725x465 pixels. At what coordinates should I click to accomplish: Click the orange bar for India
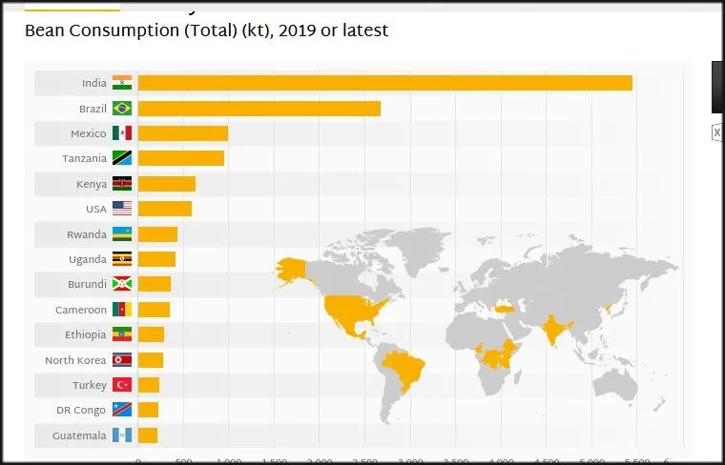384,83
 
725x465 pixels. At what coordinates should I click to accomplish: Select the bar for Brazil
259,109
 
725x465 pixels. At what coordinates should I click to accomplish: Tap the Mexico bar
182,133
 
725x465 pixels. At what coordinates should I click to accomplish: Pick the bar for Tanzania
180,158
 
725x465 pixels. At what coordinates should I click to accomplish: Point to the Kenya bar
166,184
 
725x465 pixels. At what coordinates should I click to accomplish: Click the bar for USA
164,209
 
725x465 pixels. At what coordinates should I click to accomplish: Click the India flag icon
122,83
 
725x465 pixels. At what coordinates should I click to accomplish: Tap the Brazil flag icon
122,109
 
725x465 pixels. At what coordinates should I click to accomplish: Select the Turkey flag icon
122,385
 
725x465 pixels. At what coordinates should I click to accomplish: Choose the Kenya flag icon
122,184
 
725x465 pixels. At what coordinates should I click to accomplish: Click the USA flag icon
122,209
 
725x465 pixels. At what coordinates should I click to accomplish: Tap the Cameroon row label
81,310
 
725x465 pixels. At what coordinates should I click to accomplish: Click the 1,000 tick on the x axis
229,460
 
